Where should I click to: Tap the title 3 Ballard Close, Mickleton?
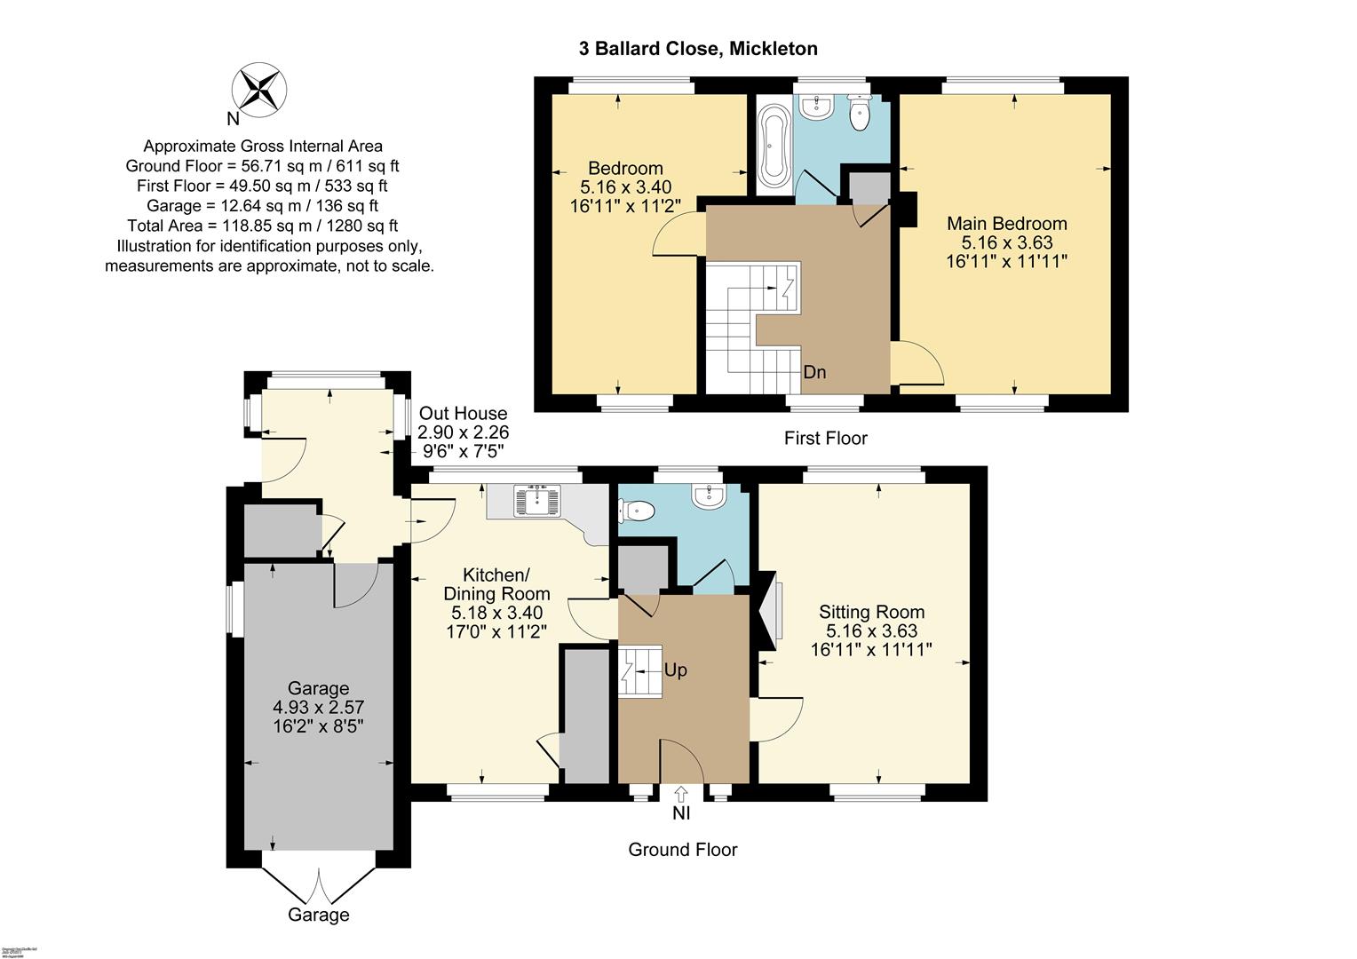(x=698, y=49)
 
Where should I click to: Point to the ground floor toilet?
(x=638, y=511)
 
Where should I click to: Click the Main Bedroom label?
(x=1006, y=223)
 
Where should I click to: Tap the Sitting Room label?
(x=871, y=612)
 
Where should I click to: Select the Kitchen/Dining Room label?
(x=496, y=583)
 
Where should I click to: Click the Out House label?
(x=463, y=413)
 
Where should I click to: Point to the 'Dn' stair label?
(x=814, y=372)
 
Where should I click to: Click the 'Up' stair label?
(x=675, y=670)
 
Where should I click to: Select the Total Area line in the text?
(x=262, y=226)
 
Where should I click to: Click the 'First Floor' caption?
(x=825, y=438)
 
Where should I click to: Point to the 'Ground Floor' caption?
(x=682, y=850)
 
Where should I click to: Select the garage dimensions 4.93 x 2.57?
(x=318, y=707)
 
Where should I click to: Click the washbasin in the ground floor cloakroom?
(x=710, y=496)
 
